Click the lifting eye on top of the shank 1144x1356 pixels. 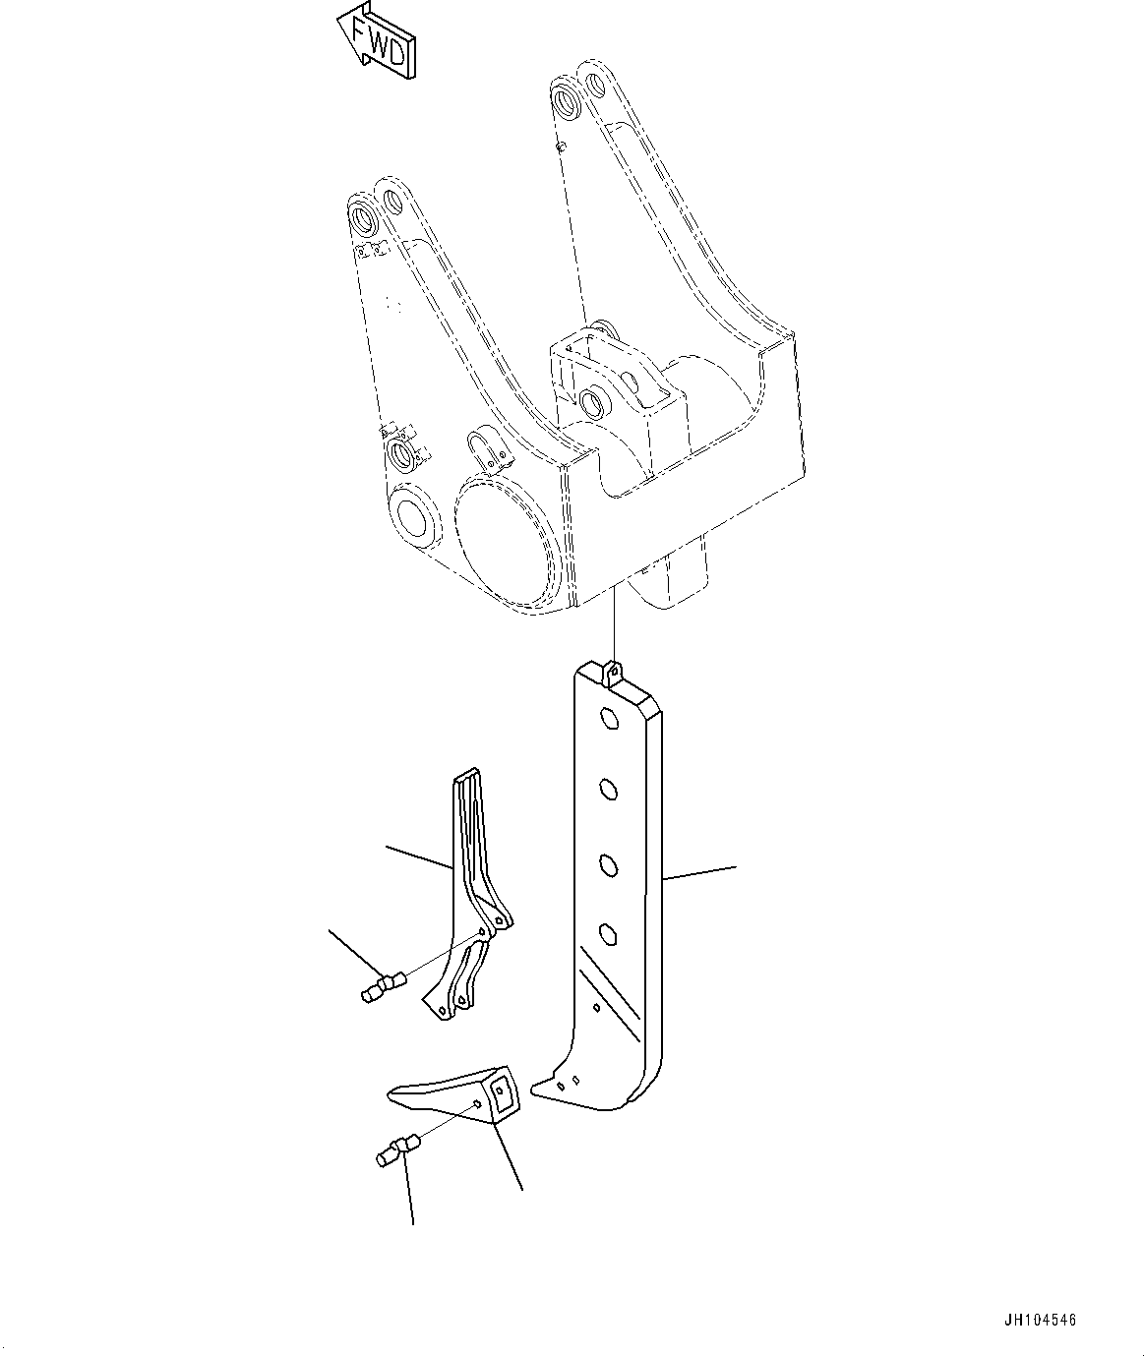[612, 674]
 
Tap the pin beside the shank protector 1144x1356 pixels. [378, 986]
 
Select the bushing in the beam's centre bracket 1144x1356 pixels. [593, 401]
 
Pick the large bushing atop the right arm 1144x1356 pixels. [567, 100]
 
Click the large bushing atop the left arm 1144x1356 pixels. [363, 217]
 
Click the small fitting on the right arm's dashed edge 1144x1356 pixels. [559, 147]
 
